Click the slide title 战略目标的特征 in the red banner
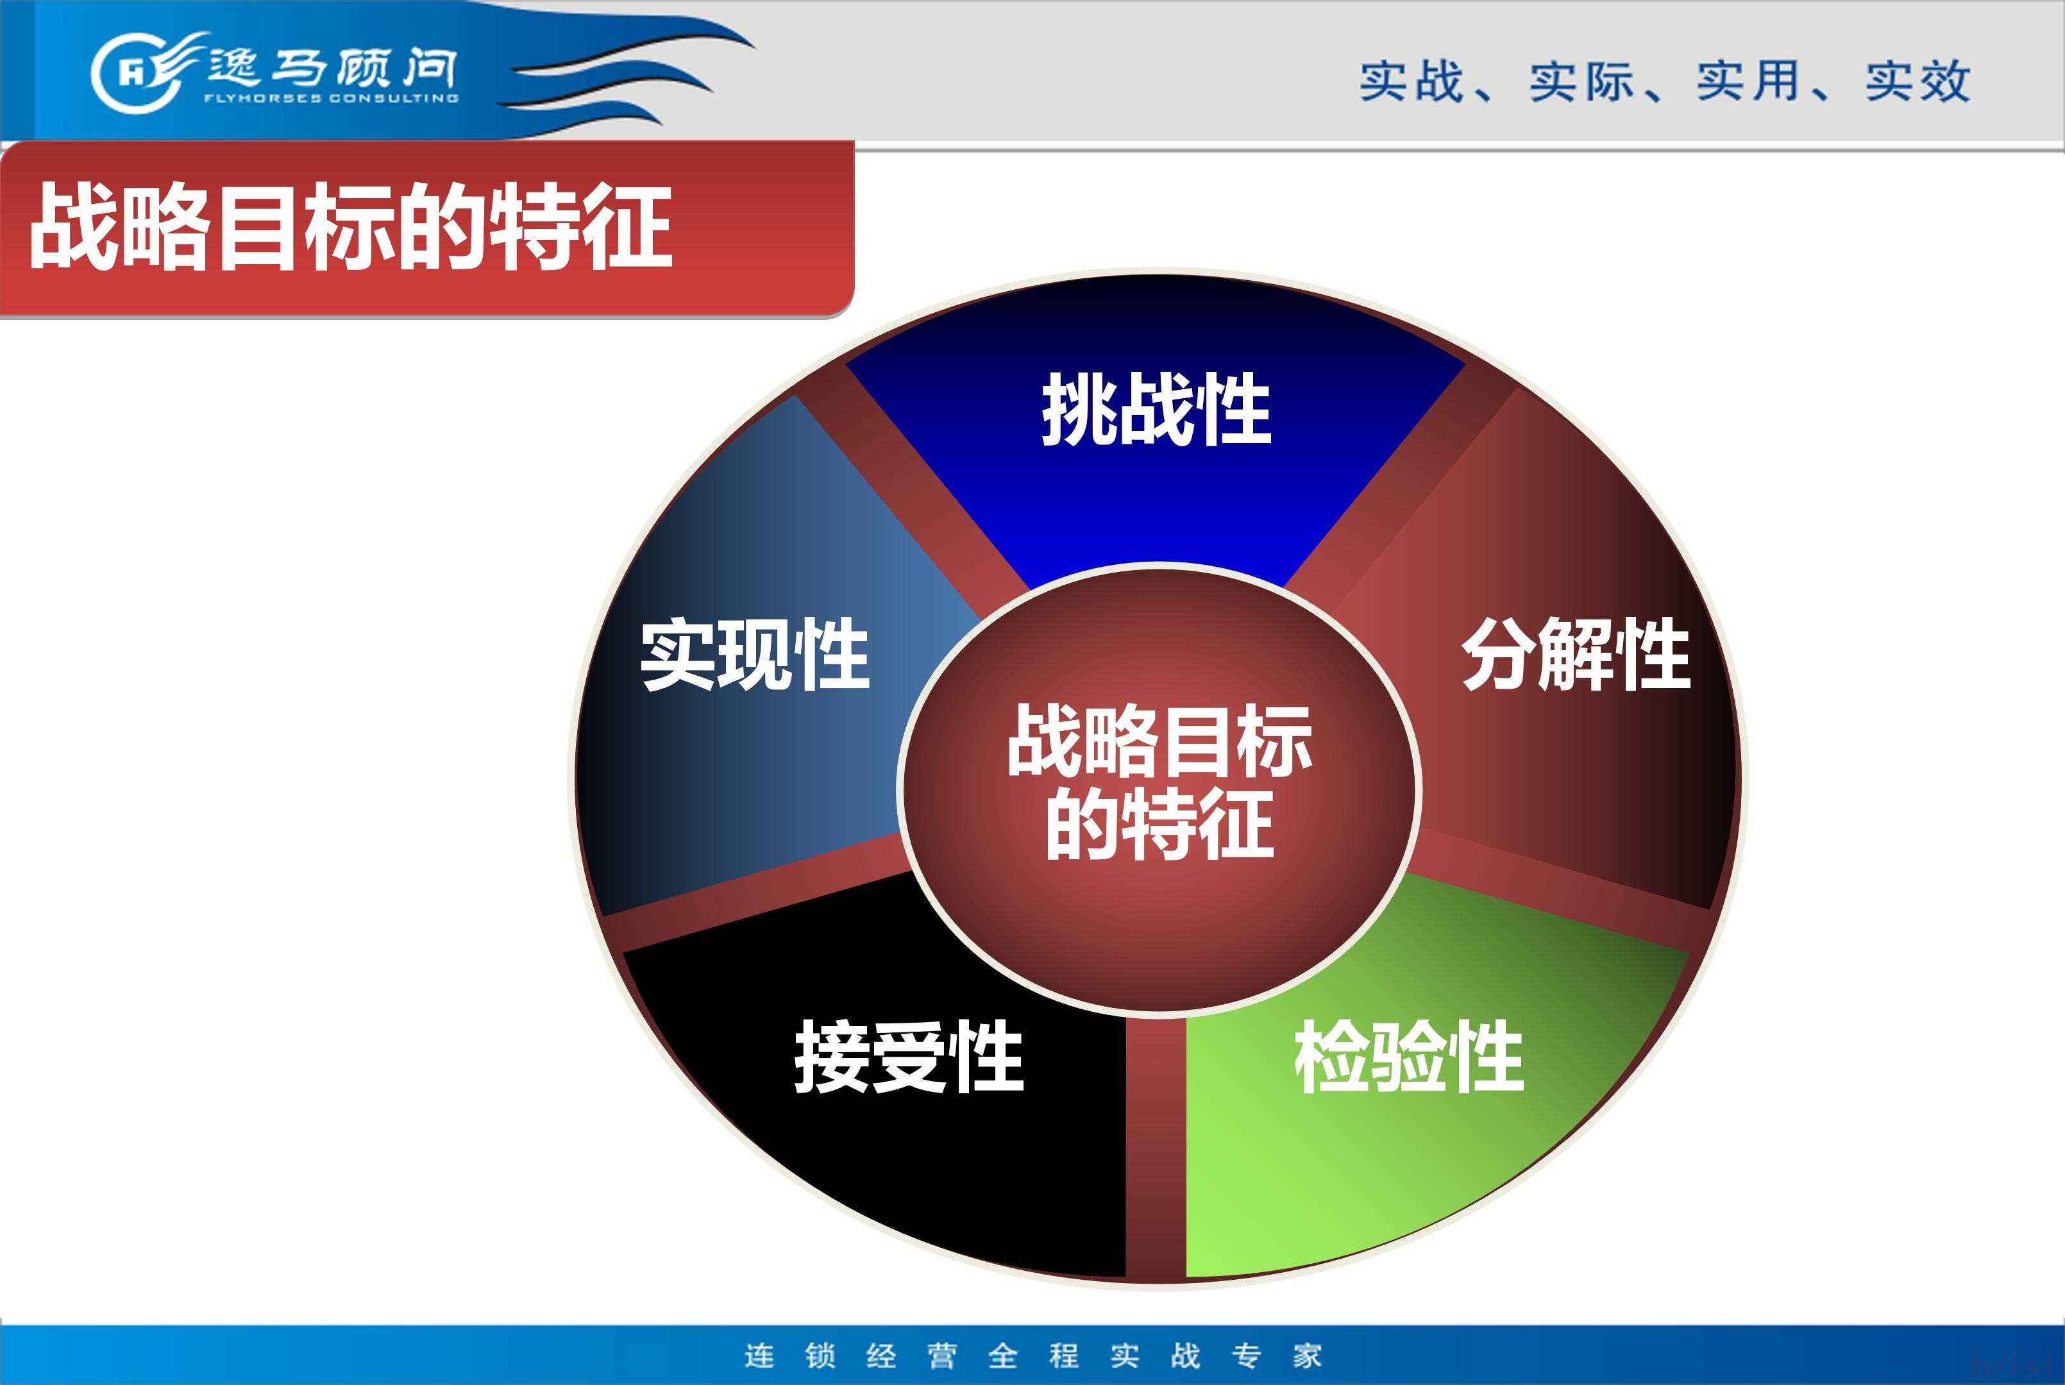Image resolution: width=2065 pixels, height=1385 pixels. [351, 226]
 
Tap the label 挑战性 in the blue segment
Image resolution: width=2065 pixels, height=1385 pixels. [1156, 409]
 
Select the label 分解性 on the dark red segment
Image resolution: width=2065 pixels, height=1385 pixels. [1576, 655]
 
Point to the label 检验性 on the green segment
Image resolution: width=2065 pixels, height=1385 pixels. [1410, 1057]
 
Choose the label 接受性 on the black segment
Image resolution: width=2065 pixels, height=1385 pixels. [909, 1057]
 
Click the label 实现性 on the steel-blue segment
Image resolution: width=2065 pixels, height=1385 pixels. [755, 655]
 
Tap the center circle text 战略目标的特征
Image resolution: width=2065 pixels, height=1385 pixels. [1159, 783]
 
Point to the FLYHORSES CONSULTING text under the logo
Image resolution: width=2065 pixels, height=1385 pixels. [331, 98]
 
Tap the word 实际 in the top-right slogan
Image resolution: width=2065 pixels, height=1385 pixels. [1581, 81]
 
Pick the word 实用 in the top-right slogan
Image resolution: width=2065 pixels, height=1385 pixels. [1748, 81]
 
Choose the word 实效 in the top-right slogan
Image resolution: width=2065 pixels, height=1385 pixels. [1917, 81]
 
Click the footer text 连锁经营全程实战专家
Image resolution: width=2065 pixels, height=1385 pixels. [1033, 1355]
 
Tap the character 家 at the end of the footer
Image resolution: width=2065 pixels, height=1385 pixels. [1307, 1355]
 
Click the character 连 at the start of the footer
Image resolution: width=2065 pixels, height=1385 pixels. [759, 1355]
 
